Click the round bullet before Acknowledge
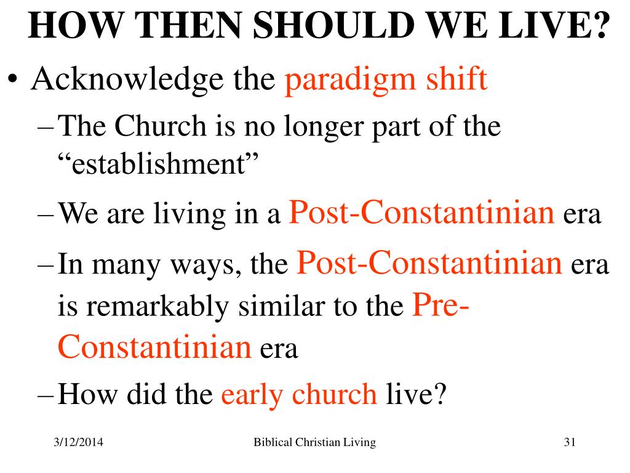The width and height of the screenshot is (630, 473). pyautogui.click(x=14, y=78)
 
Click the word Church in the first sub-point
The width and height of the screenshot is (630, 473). pyautogui.click(x=161, y=126)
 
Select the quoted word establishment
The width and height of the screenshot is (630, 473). pyautogui.click(x=158, y=163)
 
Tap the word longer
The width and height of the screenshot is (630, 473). pyautogui.click(x=324, y=128)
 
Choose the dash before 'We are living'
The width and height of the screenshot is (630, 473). pyautogui.click(x=45, y=215)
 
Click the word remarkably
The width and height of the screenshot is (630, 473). pyautogui.click(x=157, y=307)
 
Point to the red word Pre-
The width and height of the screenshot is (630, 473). pyautogui.click(x=441, y=304)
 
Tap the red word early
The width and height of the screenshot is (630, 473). pyautogui.click(x=252, y=395)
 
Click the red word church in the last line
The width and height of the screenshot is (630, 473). pyautogui.click(x=335, y=393)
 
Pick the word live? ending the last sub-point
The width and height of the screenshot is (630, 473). pyautogui.click(x=417, y=393)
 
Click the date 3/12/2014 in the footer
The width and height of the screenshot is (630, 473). pyautogui.click(x=78, y=442)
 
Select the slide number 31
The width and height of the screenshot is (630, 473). pyautogui.click(x=570, y=442)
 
